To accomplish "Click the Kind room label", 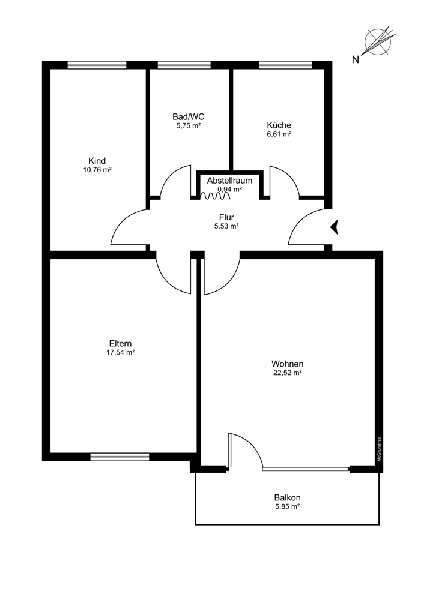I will click(97, 161).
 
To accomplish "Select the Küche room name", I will click(279, 125).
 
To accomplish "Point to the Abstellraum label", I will click(229, 180).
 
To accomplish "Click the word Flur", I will click(226, 217).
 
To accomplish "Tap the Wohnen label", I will click(287, 364).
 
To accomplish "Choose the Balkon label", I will click(287, 497).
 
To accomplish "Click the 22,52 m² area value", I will click(287, 373).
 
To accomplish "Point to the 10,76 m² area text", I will click(97, 170).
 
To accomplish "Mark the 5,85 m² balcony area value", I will click(287, 506).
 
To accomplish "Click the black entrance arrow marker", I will click(335, 227).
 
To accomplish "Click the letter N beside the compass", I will click(356, 59).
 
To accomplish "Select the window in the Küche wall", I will click(285, 65).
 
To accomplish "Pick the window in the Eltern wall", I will click(120, 457).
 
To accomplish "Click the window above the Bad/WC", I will click(184, 65).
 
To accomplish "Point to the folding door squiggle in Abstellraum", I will click(211, 195).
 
